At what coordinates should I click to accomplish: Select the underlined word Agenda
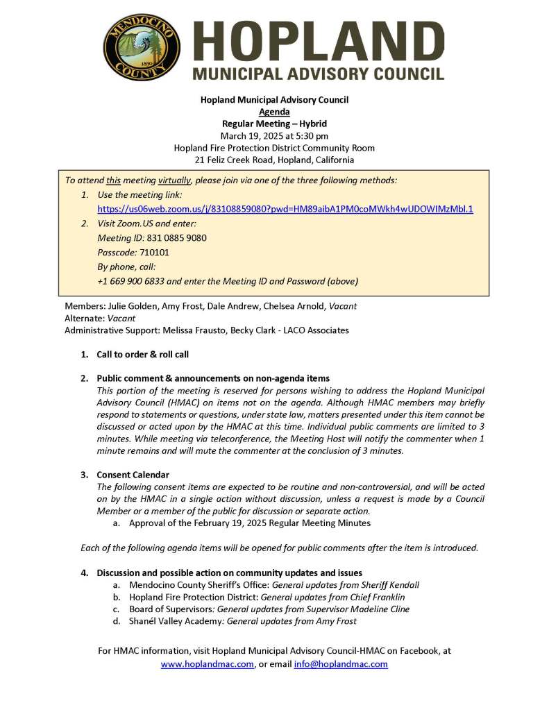[274, 112]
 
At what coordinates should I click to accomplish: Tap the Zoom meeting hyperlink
[285, 209]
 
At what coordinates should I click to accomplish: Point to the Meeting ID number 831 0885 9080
[176, 238]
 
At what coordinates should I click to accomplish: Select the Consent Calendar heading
[133, 475]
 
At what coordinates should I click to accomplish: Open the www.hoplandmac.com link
[207, 664]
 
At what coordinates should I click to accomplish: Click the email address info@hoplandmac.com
[341, 664]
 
